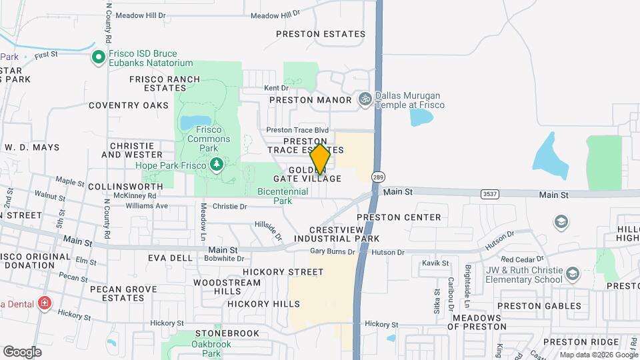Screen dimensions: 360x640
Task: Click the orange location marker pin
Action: pyautogui.click(x=321, y=159)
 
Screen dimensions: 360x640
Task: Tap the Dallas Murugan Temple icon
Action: pyautogui.click(x=365, y=100)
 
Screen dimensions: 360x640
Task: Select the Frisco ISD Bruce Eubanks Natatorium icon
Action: pyautogui.click(x=99, y=57)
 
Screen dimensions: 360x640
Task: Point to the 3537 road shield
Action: pyautogui.click(x=489, y=193)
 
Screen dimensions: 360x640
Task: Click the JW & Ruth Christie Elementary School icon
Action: pyautogui.click(x=572, y=274)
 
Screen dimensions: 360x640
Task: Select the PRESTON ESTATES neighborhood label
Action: pyautogui.click(x=321, y=34)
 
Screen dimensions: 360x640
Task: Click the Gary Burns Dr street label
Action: pyautogui.click(x=334, y=252)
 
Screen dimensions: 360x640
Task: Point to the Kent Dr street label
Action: pyautogui.click(x=276, y=88)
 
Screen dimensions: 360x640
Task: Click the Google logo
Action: pyautogui.click(x=22, y=351)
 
